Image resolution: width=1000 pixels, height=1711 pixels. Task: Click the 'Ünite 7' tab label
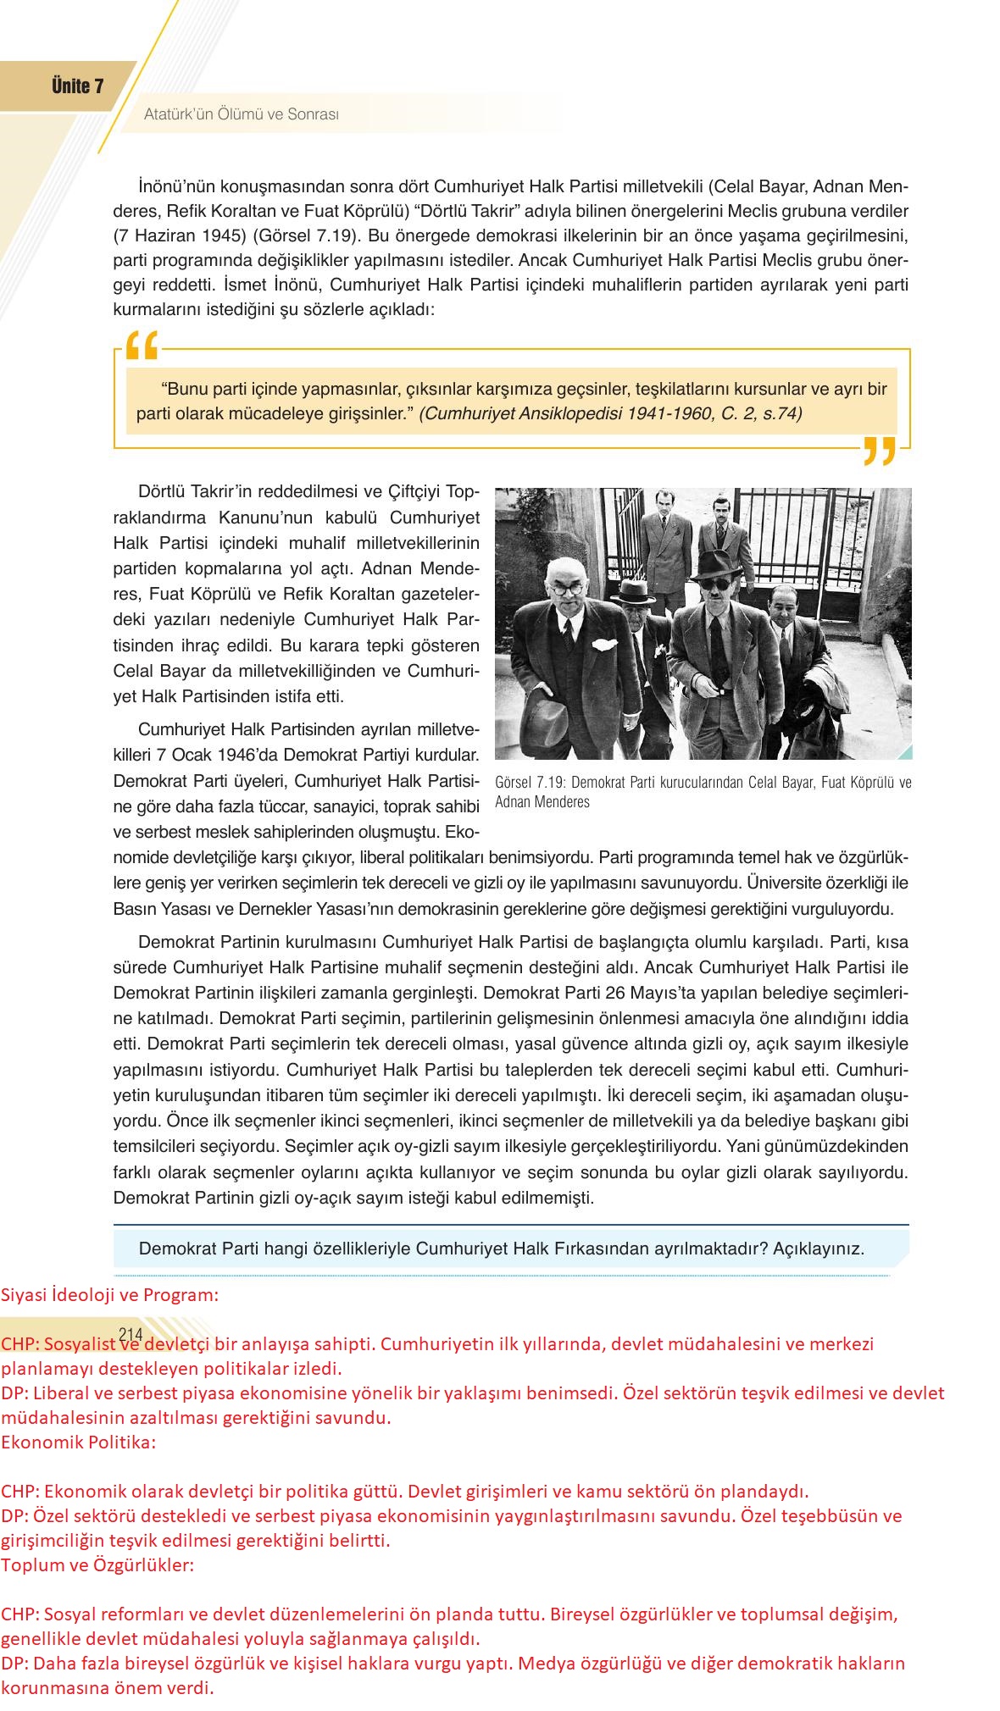pyautogui.click(x=77, y=86)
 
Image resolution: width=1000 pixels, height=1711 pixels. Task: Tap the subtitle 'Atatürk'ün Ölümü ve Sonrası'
pyautogui.click(x=242, y=114)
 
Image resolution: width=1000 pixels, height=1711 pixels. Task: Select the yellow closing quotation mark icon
pyautogui.click(x=879, y=451)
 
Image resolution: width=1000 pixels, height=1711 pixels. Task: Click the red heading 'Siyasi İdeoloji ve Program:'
pyautogui.click(x=109, y=1295)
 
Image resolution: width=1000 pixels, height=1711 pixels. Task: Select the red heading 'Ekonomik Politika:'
pyautogui.click(x=78, y=1442)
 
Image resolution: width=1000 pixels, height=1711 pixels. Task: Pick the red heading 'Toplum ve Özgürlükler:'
pyautogui.click(x=97, y=1564)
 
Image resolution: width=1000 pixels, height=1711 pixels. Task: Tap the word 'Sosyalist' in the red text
pyautogui.click(x=79, y=1344)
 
